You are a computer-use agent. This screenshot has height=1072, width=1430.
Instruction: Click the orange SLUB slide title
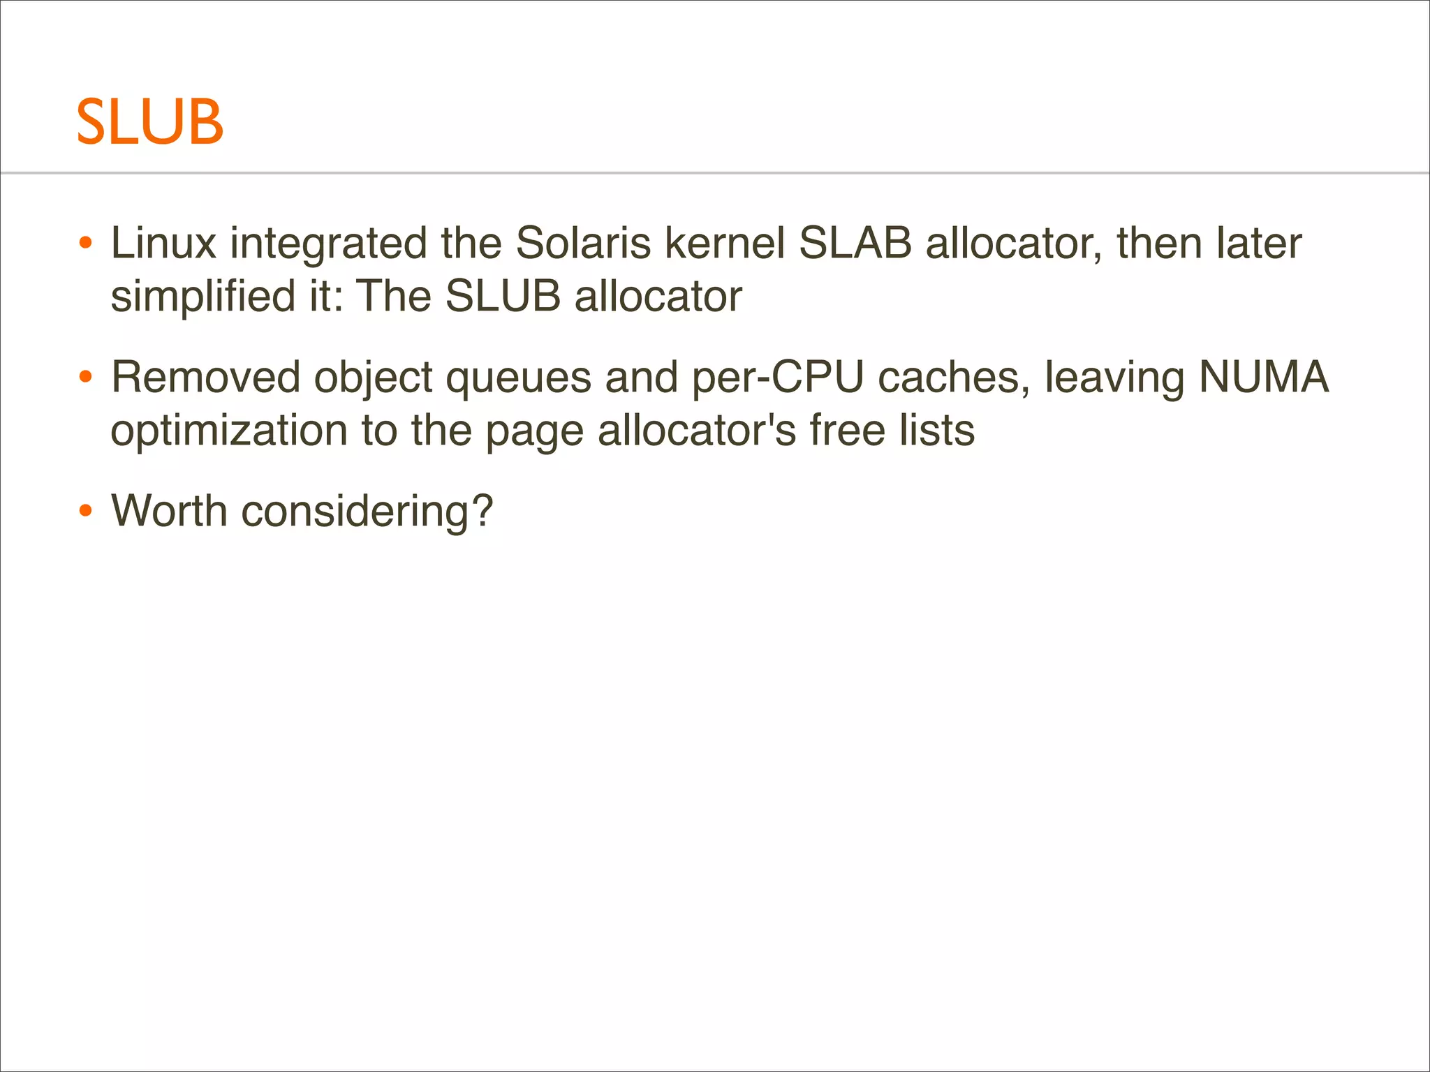tap(149, 122)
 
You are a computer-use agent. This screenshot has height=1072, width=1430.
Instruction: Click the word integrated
tap(329, 244)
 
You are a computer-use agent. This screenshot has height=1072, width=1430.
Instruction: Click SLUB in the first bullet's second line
tap(503, 296)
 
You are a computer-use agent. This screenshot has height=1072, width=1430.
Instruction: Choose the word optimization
tap(229, 431)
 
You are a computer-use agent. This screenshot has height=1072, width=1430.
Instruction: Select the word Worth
tap(170, 511)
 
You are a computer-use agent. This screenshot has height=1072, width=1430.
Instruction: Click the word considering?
tap(367, 512)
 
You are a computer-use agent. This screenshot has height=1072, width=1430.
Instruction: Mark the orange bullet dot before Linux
tap(86, 244)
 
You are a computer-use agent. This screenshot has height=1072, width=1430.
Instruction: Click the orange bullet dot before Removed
tap(86, 378)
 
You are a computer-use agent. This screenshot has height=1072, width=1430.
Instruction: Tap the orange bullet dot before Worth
tap(86, 512)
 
